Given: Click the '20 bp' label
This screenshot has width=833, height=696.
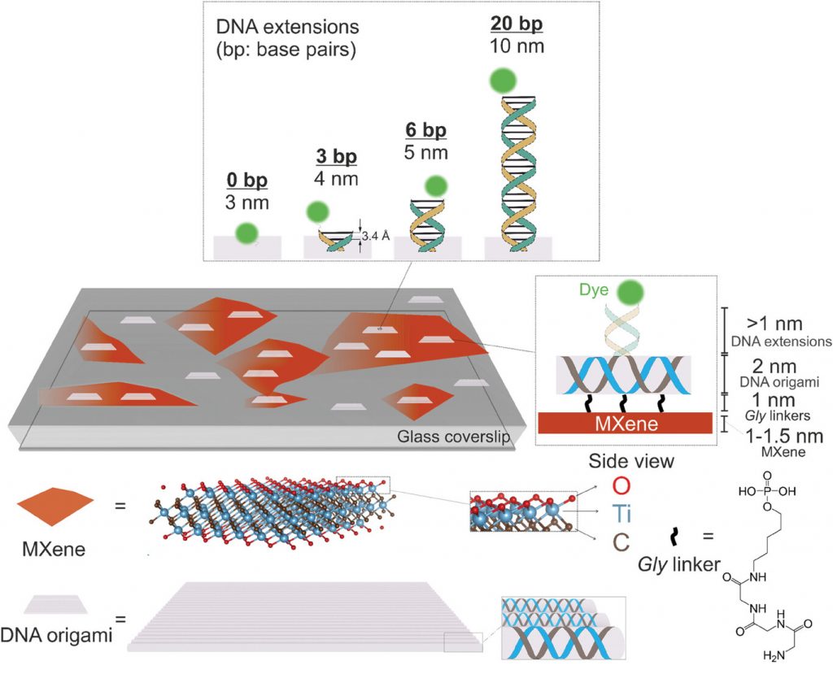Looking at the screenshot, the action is point(517,24).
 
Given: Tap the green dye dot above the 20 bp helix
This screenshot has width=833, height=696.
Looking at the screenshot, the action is point(503,81).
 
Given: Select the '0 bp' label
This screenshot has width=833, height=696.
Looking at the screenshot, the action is point(247,180).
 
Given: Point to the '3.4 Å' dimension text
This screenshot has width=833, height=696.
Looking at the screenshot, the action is point(376,236).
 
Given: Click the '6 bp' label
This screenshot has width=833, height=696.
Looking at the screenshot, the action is point(426,130).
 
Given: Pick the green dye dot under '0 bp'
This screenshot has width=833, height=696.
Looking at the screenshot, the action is point(247,233).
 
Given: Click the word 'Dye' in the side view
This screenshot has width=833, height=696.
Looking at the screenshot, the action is point(593,290).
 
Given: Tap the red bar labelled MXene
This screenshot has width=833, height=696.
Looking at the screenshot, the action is point(626,423).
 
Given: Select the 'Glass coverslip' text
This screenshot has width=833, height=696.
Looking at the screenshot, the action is point(454,437).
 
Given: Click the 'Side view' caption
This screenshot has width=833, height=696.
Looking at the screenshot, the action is point(631,461).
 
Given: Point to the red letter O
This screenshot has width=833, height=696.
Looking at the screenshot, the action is point(621,485).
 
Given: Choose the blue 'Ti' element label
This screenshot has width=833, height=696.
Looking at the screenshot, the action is point(621,514).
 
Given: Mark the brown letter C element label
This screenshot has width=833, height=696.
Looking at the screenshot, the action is point(621,542).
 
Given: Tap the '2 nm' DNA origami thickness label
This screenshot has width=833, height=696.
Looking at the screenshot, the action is point(774,367).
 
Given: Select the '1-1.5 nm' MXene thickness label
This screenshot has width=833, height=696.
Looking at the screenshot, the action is point(783,437).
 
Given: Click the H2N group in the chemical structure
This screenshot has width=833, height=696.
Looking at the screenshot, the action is point(774,656).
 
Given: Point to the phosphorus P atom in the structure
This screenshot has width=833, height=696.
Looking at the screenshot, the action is point(767,491).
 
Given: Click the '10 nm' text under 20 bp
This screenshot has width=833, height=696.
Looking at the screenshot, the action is point(517,46).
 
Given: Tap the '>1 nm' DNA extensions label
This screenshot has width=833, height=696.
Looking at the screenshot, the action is point(774,324).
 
